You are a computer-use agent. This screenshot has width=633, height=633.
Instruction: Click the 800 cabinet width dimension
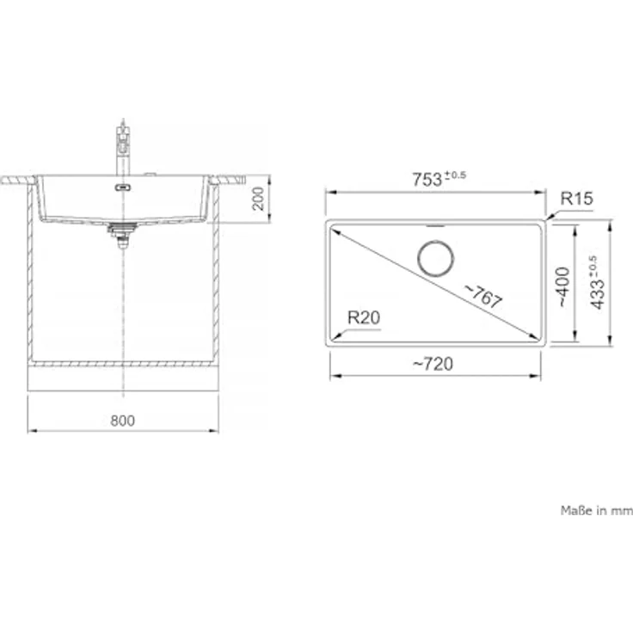pyautogui.click(x=123, y=421)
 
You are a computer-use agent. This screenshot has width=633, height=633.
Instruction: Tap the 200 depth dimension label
pyautogui.click(x=258, y=199)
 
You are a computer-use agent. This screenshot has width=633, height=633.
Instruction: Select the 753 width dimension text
pyautogui.click(x=427, y=180)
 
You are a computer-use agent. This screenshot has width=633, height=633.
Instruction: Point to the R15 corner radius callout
pyautogui.click(x=576, y=198)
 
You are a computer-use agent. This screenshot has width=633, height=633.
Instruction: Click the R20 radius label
pyautogui.click(x=364, y=317)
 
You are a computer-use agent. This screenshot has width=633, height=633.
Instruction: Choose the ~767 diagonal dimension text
pyautogui.click(x=483, y=296)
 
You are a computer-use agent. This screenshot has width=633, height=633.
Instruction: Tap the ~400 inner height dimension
pyautogui.click(x=564, y=286)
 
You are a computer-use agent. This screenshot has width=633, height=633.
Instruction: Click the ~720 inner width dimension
pyautogui.click(x=433, y=364)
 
